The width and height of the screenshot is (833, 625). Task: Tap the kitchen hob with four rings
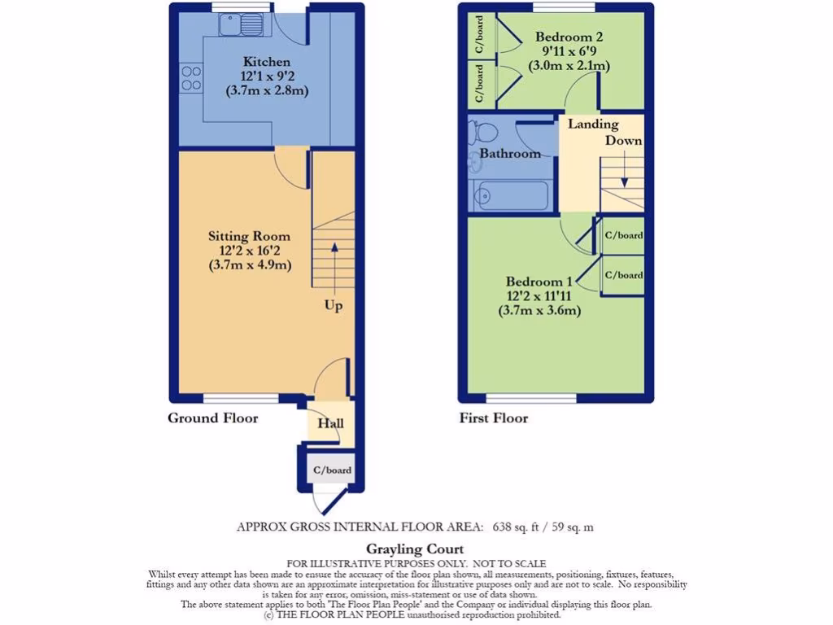point(191,78)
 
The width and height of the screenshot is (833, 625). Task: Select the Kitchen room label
point(266,62)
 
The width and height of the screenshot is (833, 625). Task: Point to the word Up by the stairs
point(333,306)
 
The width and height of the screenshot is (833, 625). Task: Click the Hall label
point(331,423)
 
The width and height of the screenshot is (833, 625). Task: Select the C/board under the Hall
point(332,470)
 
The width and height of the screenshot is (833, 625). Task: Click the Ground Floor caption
point(212,418)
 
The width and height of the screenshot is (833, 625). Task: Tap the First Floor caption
point(493,418)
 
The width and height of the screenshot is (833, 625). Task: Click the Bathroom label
point(509,153)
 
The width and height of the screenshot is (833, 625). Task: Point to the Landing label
point(593,125)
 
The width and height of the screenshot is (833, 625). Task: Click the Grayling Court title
point(415,549)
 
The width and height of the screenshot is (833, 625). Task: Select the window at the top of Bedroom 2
point(563,7)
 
